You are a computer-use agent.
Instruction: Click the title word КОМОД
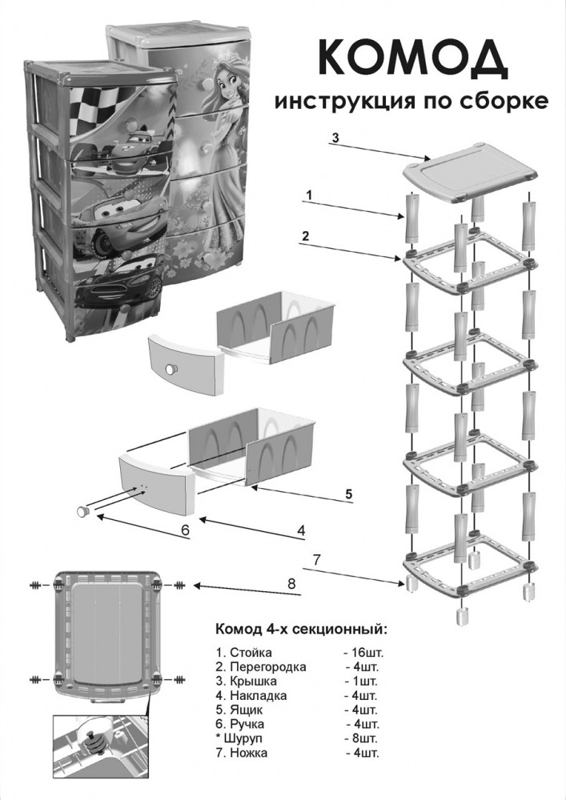click(414, 57)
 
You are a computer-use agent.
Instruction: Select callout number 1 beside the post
click(308, 194)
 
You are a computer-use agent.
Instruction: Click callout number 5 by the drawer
click(348, 493)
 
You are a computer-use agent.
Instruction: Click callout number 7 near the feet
click(318, 558)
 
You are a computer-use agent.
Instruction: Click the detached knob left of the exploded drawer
click(82, 510)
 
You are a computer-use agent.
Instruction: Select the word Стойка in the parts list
click(251, 653)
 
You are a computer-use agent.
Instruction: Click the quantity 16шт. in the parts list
click(363, 653)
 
